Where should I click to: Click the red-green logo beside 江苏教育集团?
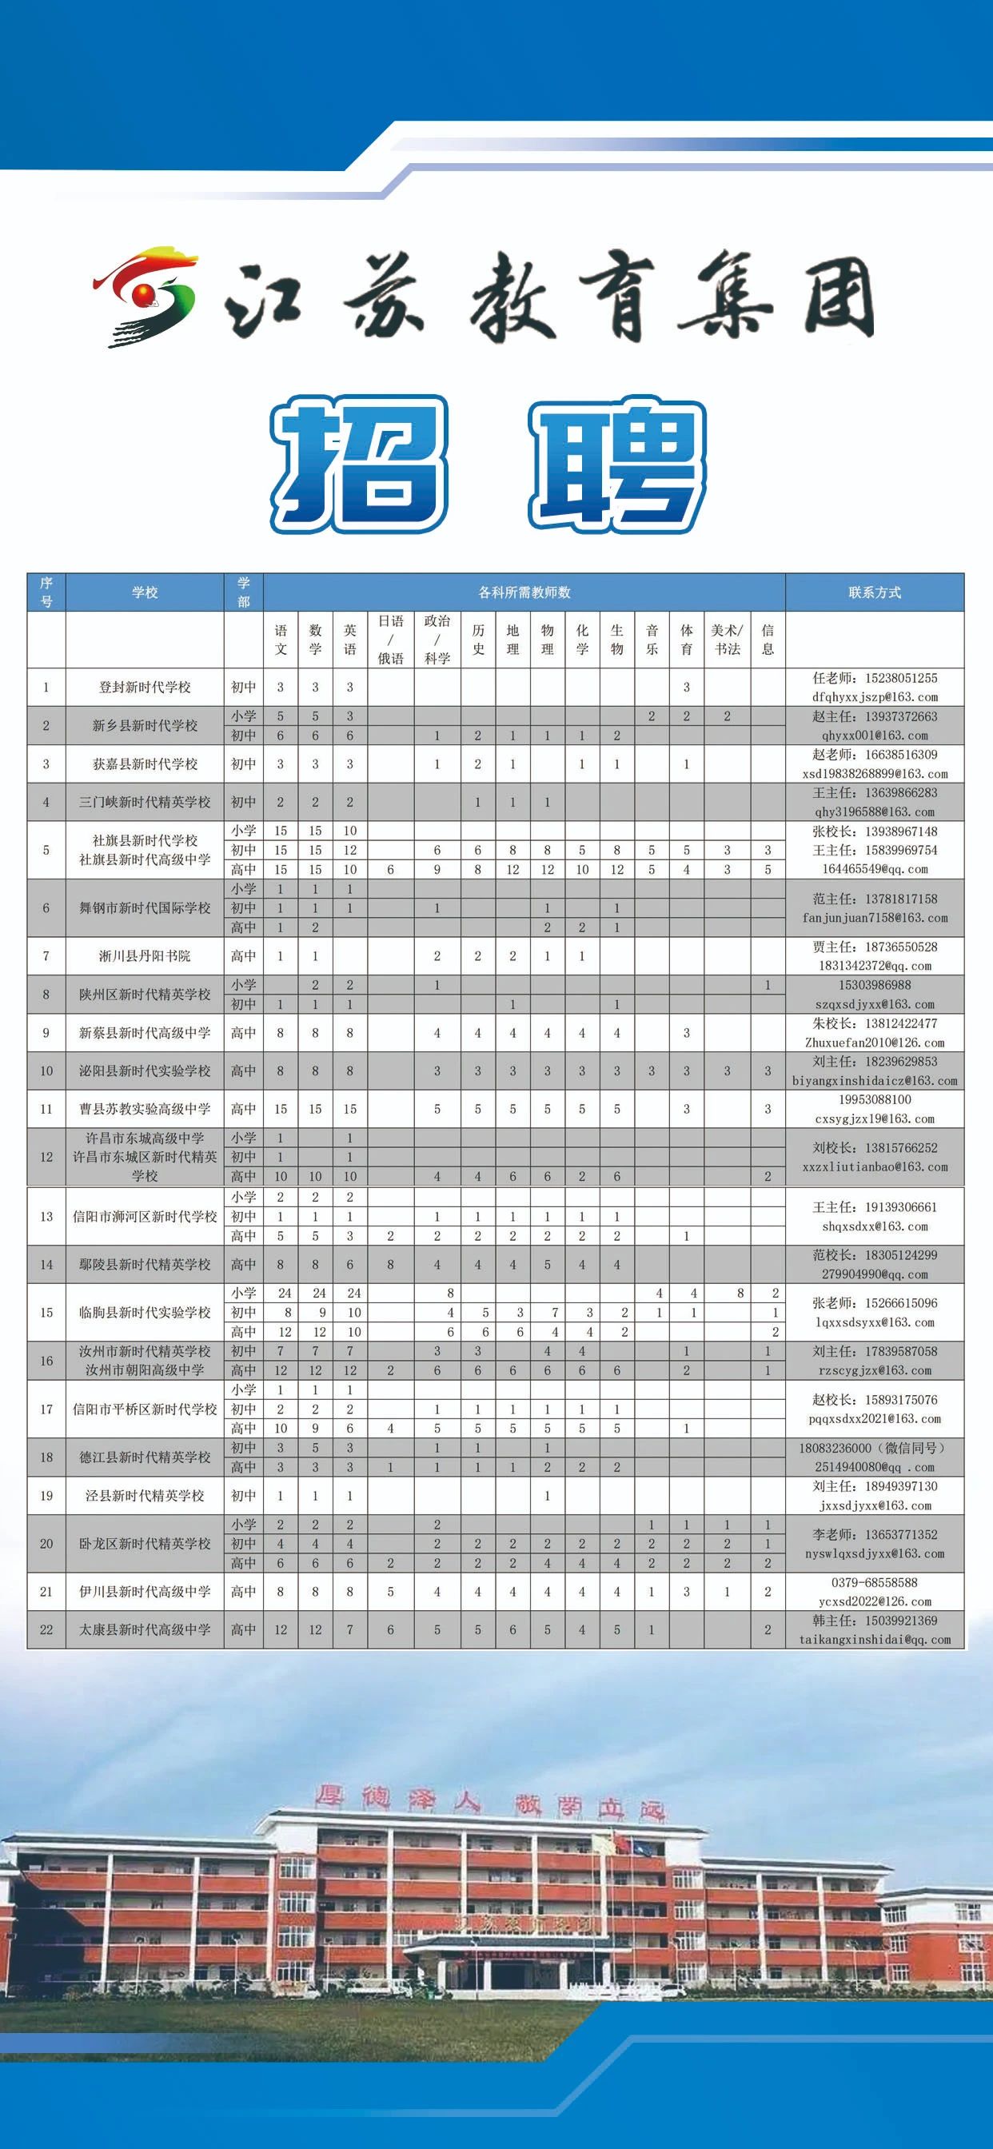point(146,295)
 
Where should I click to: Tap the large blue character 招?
point(360,464)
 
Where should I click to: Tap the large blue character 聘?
point(617,464)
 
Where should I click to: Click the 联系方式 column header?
point(874,592)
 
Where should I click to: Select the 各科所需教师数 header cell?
point(524,592)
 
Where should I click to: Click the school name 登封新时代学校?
point(145,688)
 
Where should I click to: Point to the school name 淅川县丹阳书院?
point(145,956)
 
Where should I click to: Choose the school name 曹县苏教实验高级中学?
point(145,1110)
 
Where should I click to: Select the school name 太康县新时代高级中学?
point(145,1629)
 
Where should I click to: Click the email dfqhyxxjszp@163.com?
point(874,696)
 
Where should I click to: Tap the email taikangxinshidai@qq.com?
point(874,1639)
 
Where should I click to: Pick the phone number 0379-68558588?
point(874,1581)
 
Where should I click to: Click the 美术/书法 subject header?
point(727,640)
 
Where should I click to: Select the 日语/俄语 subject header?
point(390,640)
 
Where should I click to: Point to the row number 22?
point(46,1629)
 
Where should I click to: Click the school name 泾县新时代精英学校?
point(145,1496)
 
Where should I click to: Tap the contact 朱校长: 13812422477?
point(874,1023)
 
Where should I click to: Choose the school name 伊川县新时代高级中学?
point(145,1591)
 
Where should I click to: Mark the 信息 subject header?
point(768,640)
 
